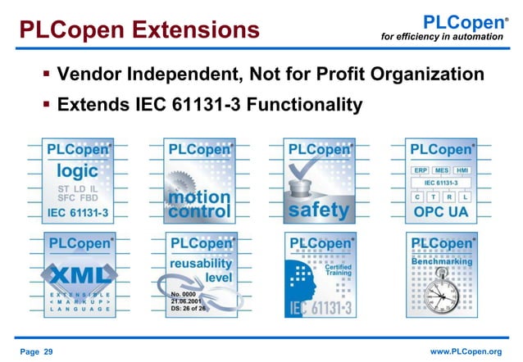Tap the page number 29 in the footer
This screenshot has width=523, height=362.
point(36,351)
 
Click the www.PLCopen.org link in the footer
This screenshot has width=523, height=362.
point(465,351)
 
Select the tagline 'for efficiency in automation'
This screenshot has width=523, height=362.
point(443,37)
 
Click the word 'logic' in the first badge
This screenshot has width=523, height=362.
point(77,171)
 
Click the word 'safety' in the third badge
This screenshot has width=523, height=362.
point(319,210)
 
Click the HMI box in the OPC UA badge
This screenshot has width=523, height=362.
point(462,170)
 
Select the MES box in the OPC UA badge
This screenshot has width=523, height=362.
point(441,170)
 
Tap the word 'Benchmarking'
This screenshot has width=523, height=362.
point(441,261)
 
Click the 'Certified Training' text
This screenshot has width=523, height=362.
point(339,269)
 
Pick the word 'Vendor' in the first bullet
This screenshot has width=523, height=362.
point(96,75)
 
